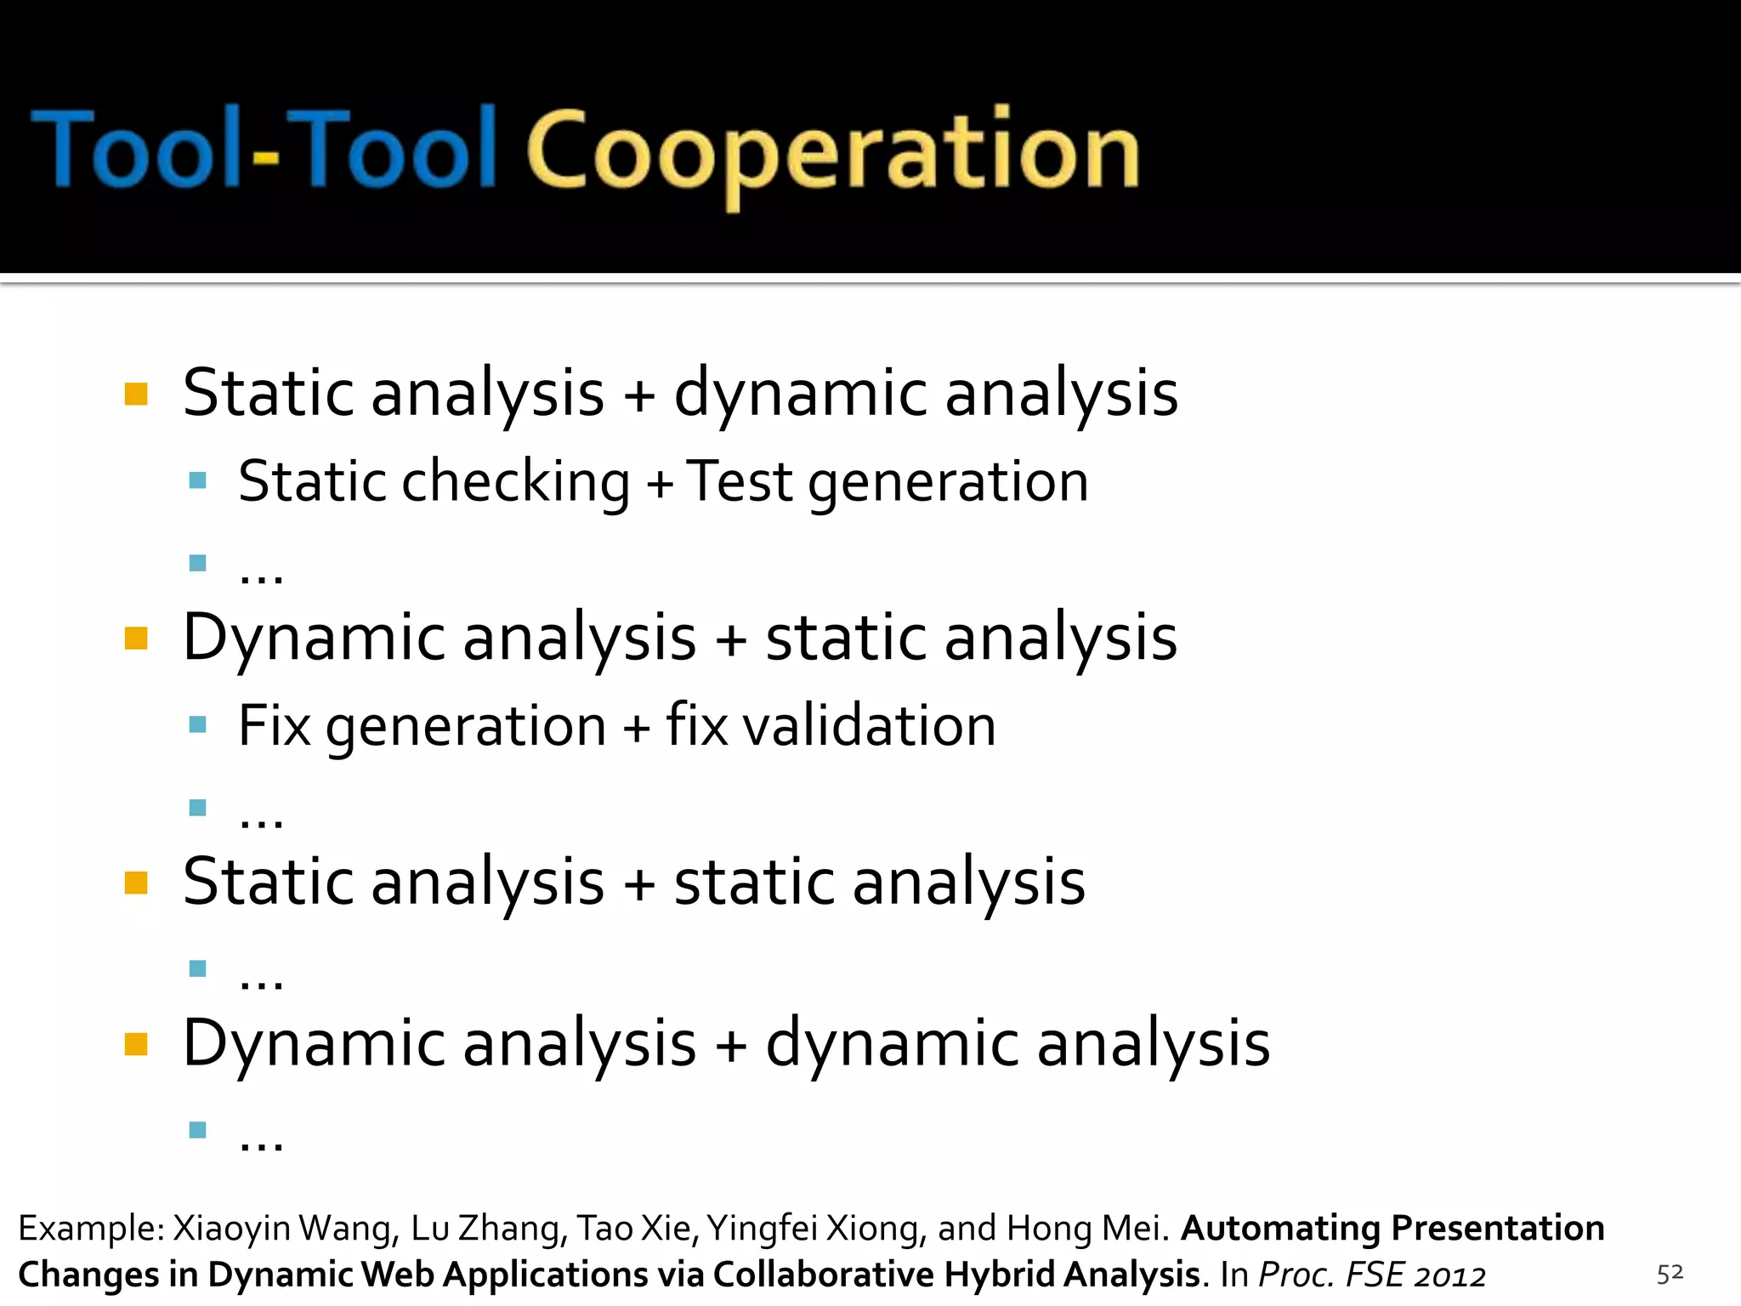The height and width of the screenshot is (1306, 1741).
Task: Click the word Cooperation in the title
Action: pos(833,153)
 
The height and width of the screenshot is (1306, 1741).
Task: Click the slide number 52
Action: pos(1670,1273)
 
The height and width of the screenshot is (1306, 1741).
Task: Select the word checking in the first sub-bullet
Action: pos(515,482)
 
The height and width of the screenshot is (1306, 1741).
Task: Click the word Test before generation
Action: pos(739,481)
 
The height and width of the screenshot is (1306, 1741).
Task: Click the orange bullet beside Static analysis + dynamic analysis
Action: pos(136,394)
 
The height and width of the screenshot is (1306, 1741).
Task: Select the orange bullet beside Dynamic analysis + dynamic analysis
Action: pos(136,1043)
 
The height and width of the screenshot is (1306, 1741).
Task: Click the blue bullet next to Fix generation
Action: pos(198,724)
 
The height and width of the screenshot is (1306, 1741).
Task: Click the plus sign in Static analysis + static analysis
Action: pos(639,884)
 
